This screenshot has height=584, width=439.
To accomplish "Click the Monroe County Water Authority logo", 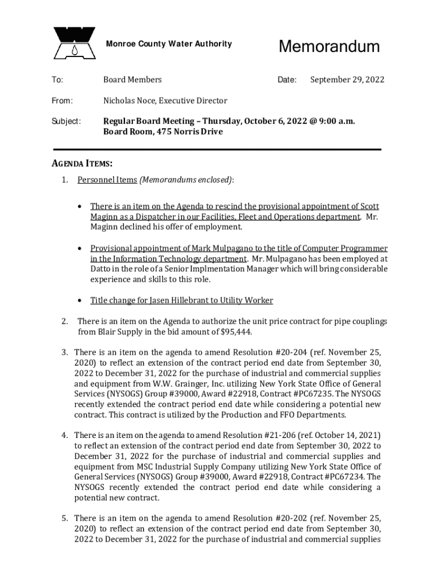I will pyautogui.click(x=74, y=43).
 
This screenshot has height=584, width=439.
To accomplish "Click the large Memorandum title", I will pyautogui.click(x=329, y=46).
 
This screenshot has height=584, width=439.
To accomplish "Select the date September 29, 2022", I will pyautogui.click(x=347, y=80).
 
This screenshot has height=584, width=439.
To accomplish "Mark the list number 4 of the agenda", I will pyautogui.click(x=65, y=436).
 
